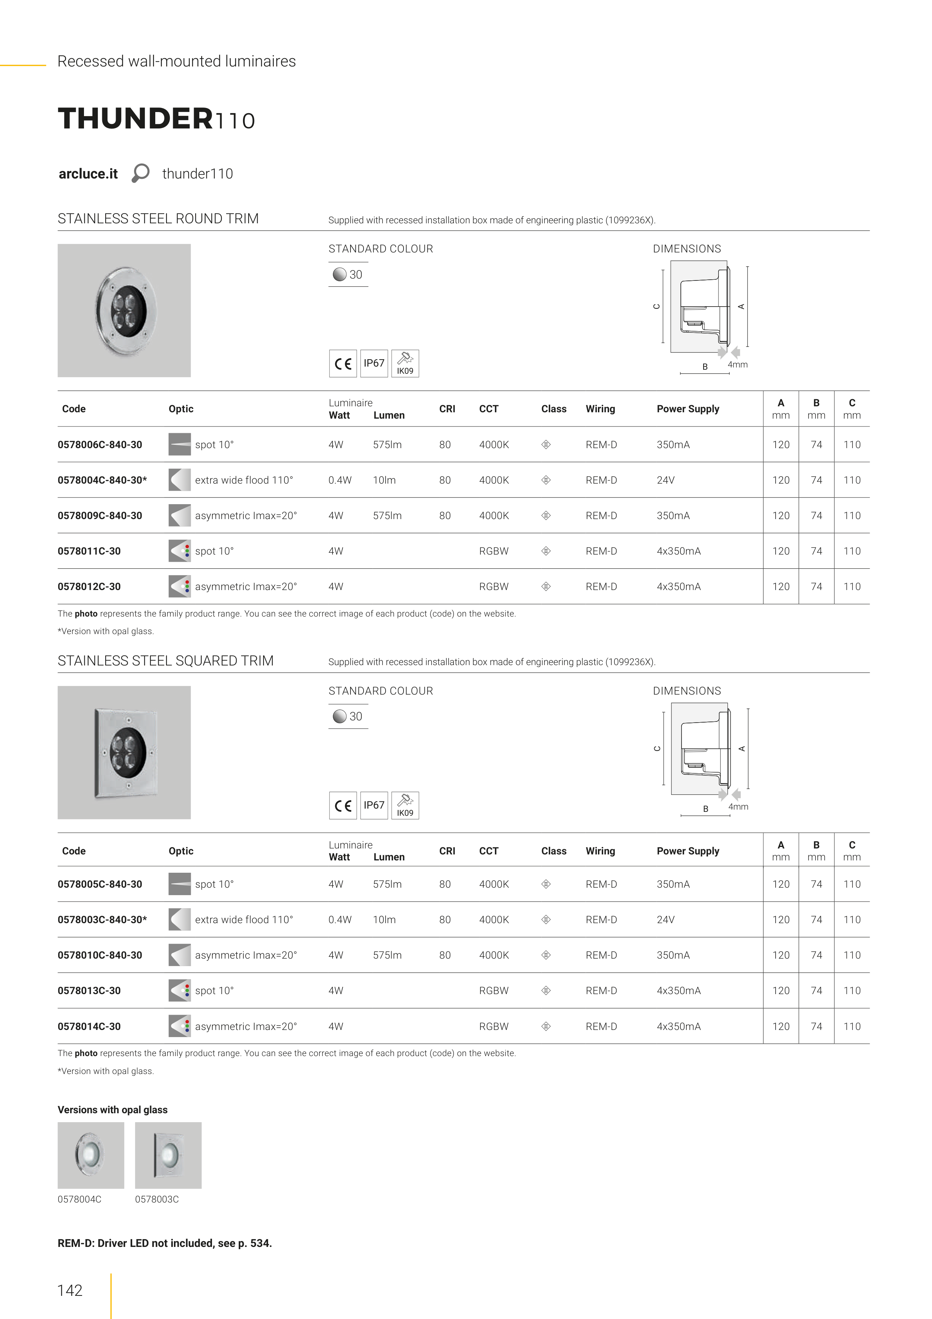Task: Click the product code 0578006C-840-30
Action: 100,445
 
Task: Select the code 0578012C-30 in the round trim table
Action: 89,587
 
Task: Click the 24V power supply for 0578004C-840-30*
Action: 666,480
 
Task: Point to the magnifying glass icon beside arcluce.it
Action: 140,173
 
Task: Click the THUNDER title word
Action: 135,118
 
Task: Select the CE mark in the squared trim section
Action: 343,806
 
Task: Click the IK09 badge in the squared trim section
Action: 405,806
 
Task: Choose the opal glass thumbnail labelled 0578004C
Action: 91,1155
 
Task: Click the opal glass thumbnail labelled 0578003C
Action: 168,1155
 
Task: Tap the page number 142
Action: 70,1290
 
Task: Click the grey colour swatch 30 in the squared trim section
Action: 340,716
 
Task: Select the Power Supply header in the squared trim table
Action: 688,851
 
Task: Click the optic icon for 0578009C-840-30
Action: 179,516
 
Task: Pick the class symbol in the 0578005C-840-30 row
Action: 546,884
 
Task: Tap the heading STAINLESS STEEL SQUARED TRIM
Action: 165,661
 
